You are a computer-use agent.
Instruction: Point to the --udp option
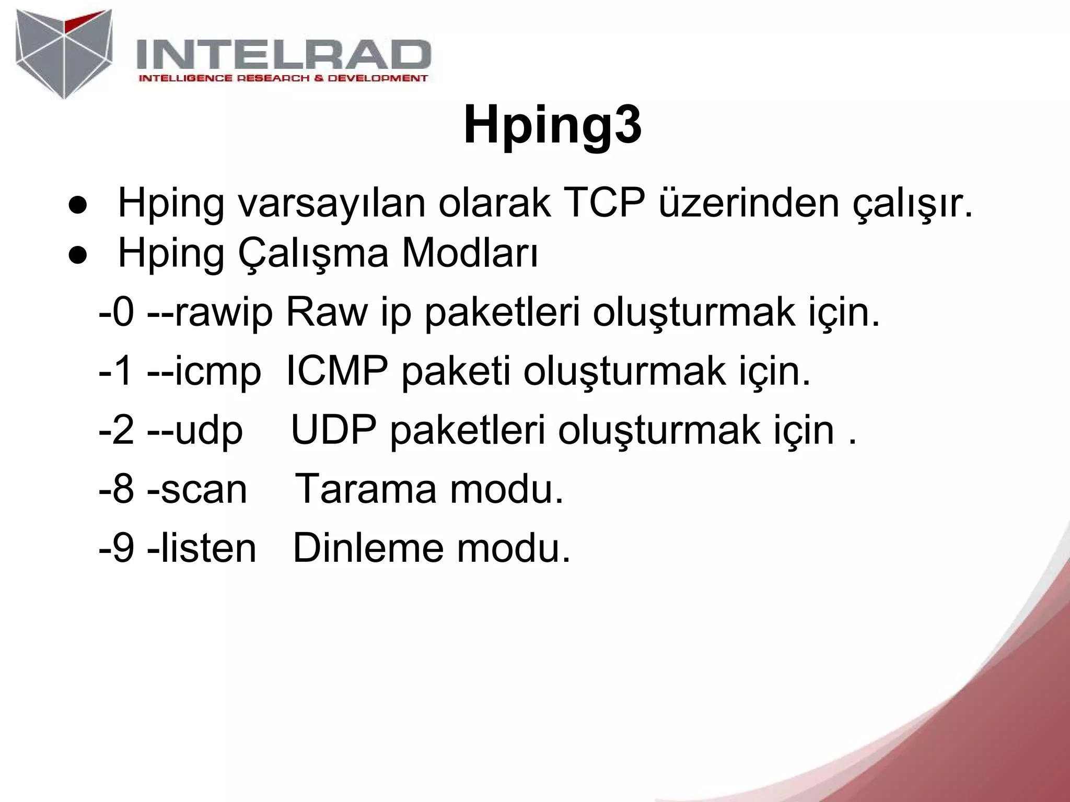point(195,431)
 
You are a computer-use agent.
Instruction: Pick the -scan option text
point(197,490)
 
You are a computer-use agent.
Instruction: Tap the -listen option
point(202,549)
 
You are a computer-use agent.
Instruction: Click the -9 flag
point(117,549)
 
